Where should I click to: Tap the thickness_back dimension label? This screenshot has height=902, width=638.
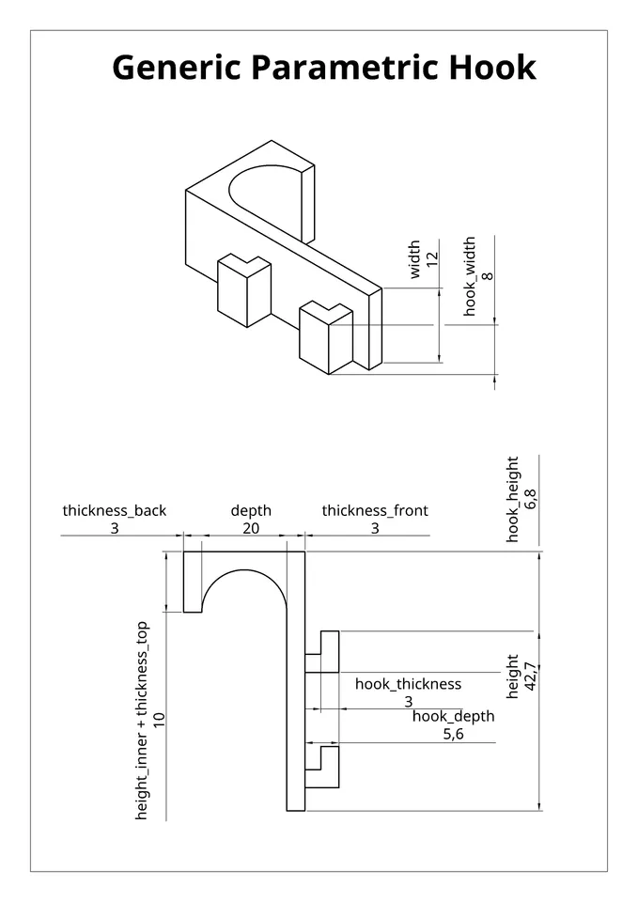[x=115, y=511]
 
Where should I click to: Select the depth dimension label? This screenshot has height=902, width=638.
[x=251, y=511]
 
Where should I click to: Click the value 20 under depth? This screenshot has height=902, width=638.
[x=251, y=529]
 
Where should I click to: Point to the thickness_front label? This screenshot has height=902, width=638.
[x=375, y=511]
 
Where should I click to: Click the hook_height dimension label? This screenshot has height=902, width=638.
[x=513, y=499]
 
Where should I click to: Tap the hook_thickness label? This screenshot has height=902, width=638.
[x=408, y=684]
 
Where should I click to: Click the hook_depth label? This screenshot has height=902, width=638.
[x=453, y=717]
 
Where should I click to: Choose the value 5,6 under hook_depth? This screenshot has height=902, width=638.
[x=453, y=735]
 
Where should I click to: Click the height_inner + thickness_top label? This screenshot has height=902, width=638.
[x=142, y=720]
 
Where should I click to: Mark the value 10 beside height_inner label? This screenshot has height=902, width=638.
[x=160, y=720]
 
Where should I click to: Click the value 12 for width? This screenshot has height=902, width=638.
[x=432, y=259]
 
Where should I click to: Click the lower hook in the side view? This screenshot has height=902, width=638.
[x=324, y=767]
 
